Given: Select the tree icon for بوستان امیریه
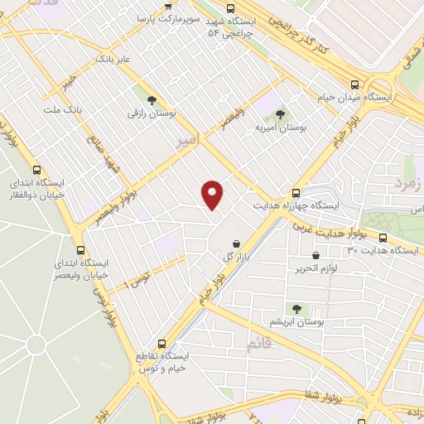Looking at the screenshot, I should pyautogui.click(x=280, y=114).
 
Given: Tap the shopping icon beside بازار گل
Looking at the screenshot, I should pyautogui.click(x=238, y=244).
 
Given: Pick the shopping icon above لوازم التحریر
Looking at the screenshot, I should pyautogui.click(x=316, y=255).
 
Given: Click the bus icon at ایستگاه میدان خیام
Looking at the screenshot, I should pyautogui.click(x=355, y=85).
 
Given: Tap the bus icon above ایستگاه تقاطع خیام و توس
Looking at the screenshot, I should pyautogui.click(x=161, y=343).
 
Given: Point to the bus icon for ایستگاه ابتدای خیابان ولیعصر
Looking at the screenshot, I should pyautogui.click(x=80, y=249).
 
